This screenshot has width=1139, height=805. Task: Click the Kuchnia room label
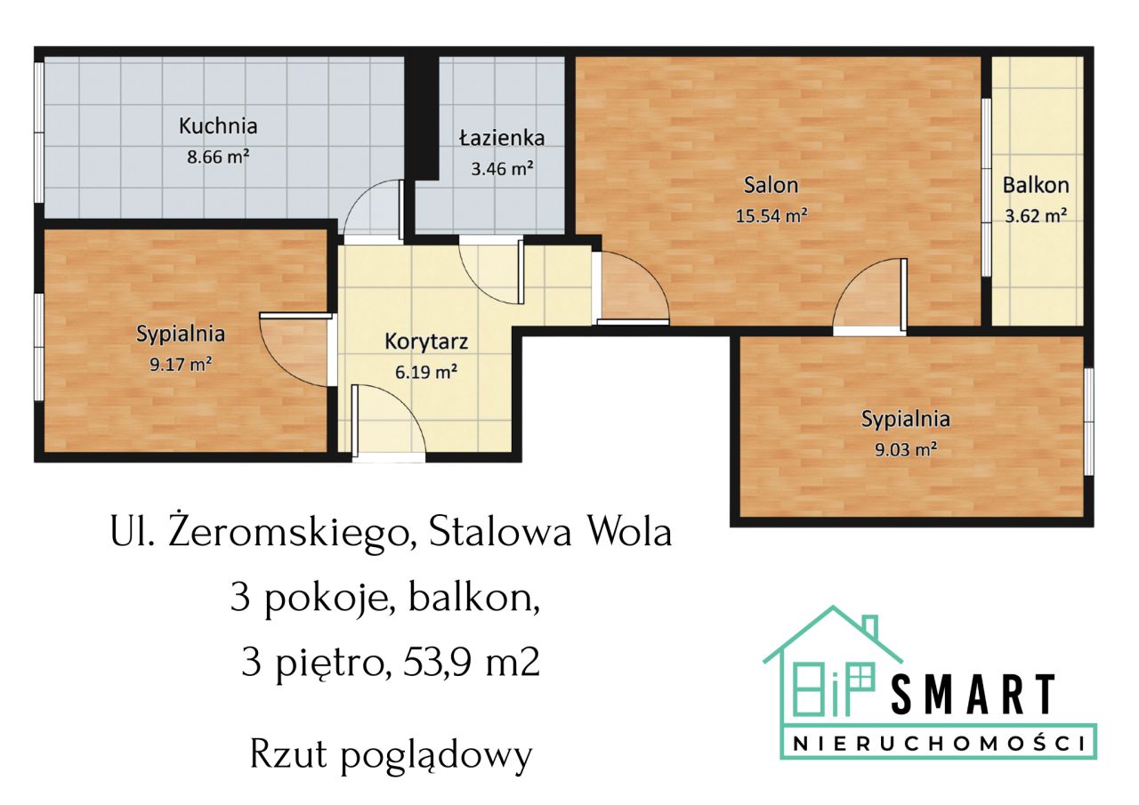coord(218,126)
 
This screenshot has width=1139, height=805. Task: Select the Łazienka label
coord(502,138)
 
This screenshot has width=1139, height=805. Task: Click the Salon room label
coord(771,185)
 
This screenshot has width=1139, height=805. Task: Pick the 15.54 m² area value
coord(771,214)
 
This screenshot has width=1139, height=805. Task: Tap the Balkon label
coord(1036,185)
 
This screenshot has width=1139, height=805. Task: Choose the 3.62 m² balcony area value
coord(1036,214)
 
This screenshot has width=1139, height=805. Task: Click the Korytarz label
coord(426,341)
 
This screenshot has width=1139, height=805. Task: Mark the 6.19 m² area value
coord(426,372)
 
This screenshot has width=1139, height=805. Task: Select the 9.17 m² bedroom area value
coord(181,363)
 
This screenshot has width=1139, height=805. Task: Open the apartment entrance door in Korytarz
coord(389,420)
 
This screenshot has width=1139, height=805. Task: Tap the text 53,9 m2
coord(472,663)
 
